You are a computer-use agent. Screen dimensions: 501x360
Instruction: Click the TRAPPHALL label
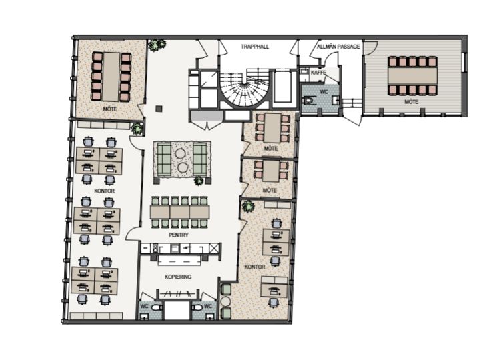tap(255, 47)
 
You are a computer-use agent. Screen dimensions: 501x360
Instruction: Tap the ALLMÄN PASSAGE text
tap(338, 47)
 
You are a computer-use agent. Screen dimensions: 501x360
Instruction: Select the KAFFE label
tap(318, 73)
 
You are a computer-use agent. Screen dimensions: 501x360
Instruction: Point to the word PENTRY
tap(179, 235)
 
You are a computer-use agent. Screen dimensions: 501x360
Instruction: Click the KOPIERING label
tap(178, 277)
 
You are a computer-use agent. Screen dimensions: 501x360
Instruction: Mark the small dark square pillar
tap(159, 109)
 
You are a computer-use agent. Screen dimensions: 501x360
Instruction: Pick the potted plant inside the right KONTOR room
tap(248, 206)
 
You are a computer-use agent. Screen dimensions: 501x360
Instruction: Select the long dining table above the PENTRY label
tap(180, 212)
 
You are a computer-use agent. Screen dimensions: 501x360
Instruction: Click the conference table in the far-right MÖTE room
tap(412, 75)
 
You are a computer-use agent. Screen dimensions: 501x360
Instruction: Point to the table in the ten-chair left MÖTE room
tap(111, 77)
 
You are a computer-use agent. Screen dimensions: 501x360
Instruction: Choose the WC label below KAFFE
tap(324, 92)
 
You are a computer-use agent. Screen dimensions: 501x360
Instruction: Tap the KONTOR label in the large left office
tap(105, 191)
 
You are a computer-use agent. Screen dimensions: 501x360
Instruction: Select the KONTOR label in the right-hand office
tap(255, 267)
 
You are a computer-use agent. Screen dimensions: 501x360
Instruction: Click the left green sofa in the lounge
tap(164, 159)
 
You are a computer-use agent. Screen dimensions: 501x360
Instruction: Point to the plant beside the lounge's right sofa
tap(199, 181)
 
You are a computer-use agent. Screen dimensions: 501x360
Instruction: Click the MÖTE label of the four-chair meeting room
tap(269, 191)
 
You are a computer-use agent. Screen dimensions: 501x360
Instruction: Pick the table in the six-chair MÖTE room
tap(272, 128)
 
